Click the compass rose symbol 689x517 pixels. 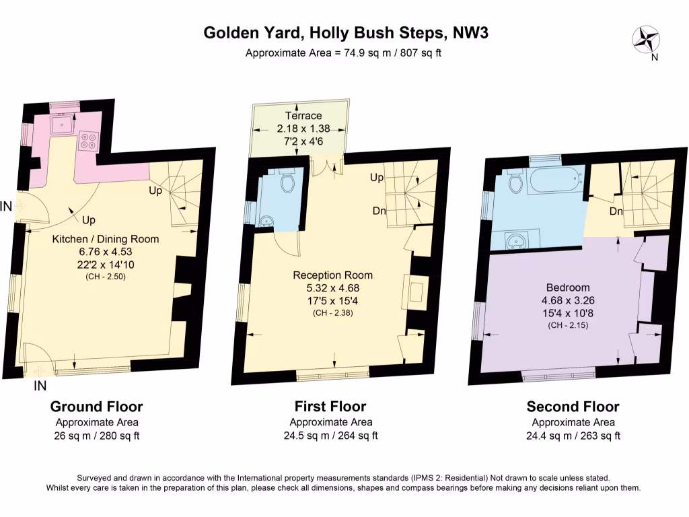click(646, 38)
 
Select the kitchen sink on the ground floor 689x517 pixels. click(64, 124)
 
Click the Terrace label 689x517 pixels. click(303, 115)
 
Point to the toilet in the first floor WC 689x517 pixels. click(287, 180)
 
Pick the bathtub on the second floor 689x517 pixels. click(556, 180)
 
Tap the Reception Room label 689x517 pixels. click(332, 275)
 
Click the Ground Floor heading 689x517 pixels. click(97, 406)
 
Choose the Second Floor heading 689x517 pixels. click(573, 406)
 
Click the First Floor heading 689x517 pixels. click(330, 406)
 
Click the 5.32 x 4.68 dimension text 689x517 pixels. click(332, 287)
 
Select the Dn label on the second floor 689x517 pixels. click(615, 212)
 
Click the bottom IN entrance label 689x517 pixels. click(40, 386)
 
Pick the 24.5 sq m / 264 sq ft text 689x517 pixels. click(330, 436)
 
